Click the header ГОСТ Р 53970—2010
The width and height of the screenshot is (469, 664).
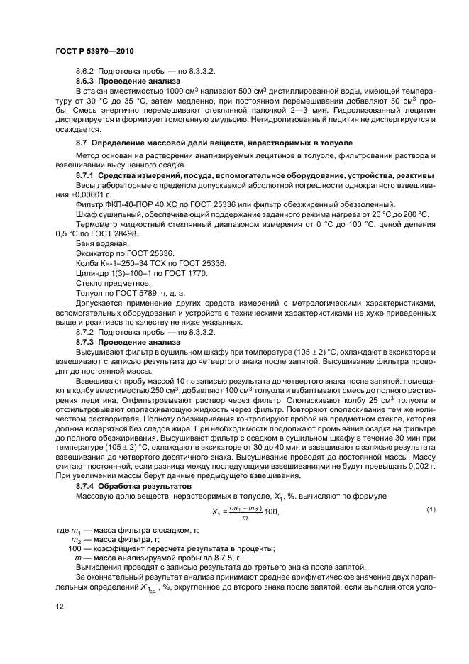pyautogui.click(x=94, y=52)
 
